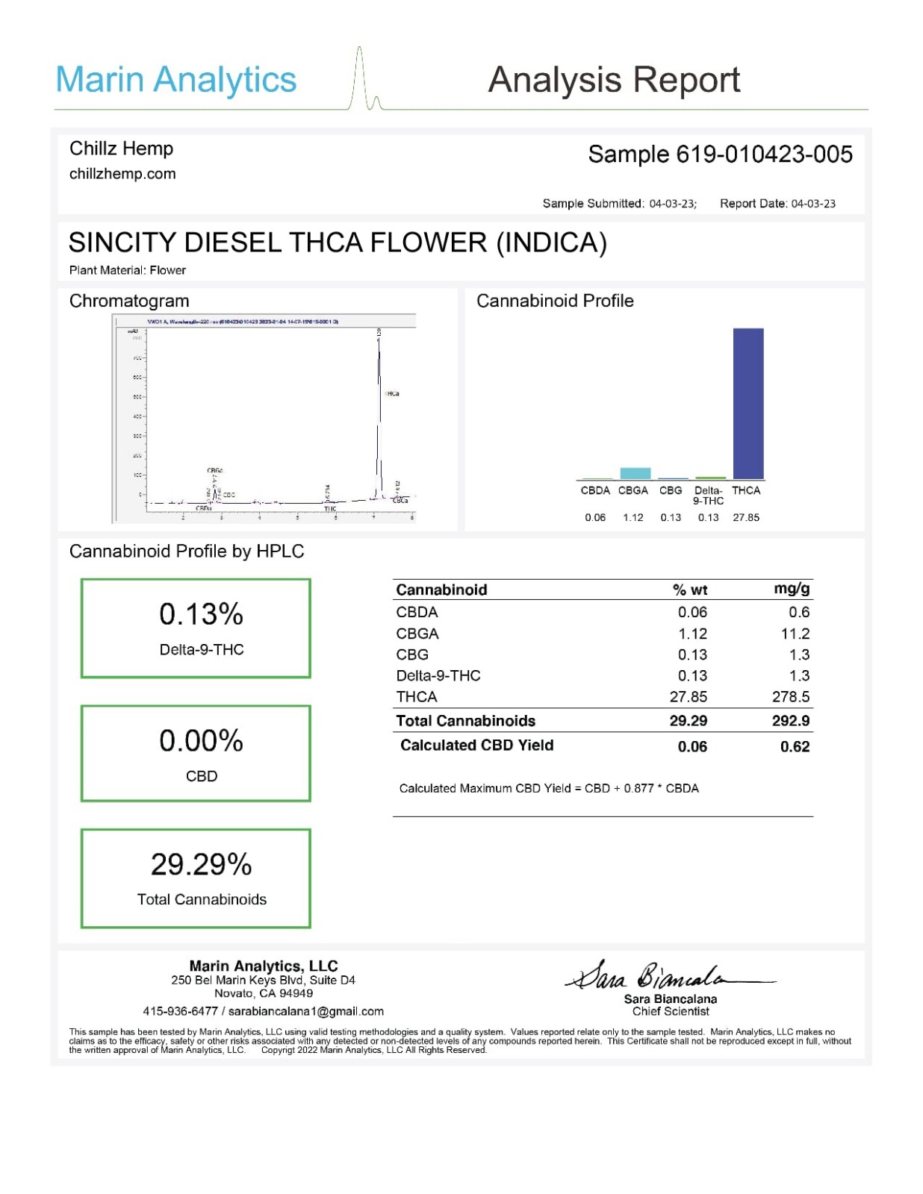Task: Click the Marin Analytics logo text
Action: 176,80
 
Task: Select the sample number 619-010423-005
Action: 764,154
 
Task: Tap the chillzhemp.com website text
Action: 122,174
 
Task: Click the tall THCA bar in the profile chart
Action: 748,403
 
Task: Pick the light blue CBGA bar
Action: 635,473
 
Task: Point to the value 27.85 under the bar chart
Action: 745,517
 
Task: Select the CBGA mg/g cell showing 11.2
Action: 795,634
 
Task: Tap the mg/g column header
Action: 792,589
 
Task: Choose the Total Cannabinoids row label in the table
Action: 465,721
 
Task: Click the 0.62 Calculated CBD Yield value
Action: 795,746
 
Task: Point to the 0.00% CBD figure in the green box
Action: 201,741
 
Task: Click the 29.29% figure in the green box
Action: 201,864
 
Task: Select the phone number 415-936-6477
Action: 180,1011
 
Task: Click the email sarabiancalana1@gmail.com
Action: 305,1011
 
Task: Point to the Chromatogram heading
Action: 129,301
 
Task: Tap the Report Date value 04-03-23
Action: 813,204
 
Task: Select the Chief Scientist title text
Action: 670,1011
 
